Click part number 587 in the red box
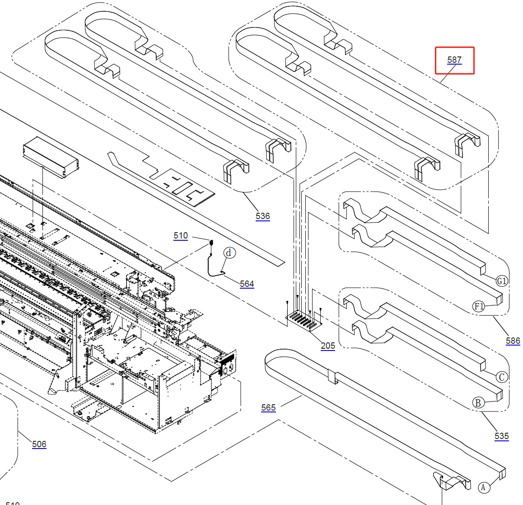coord(454,60)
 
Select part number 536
coord(262,216)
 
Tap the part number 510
coord(181,235)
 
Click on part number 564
coord(247,284)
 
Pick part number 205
coord(328,346)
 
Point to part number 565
coord(268,407)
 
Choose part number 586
coord(513,341)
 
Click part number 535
coord(501,436)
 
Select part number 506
coord(39,444)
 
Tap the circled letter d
coord(229,252)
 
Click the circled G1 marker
coord(502,281)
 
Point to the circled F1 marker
coord(479,307)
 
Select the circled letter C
coord(501,377)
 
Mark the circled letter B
coord(478,402)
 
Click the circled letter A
coord(483,487)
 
